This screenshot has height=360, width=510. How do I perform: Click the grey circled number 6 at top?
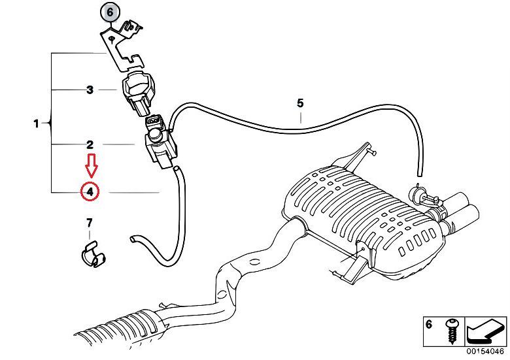click(x=110, y=12)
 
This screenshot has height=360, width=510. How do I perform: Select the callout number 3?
click(x=90, y=90)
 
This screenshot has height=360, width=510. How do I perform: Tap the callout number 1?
click(x=37, y=123)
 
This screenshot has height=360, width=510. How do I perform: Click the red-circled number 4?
click(x=90, y=191)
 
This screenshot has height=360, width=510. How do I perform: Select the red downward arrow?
click(x=92, y=166)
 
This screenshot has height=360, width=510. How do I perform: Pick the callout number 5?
click(x=300, y=103)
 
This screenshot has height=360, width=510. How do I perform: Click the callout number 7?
click(x=90, y=223)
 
